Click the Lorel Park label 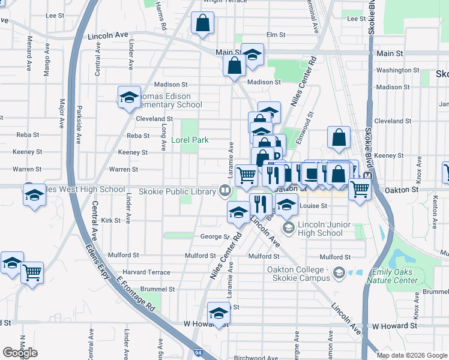(x=190, y=140)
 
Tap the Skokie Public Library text (x=177, y=191)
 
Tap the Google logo (x=20, y=353)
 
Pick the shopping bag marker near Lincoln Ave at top (x=203, y=23)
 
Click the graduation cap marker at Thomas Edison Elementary (x=128, y=98)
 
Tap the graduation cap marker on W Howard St (x=218, y=314)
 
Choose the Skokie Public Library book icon (x=225, y=191)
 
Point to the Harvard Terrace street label (x=146, y=272)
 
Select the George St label (x=215, y=237)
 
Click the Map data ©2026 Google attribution (x=412, y=355)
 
